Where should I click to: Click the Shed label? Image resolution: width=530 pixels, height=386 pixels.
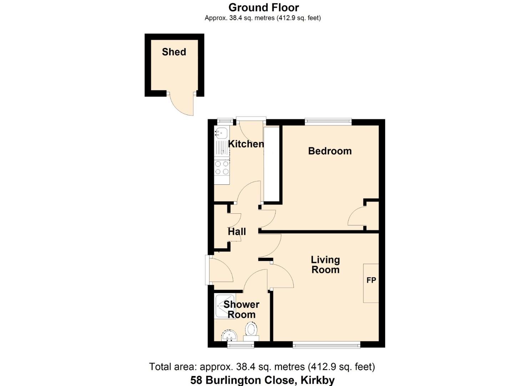click(174, 52)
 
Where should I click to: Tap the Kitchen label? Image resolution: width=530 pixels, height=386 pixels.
click(246, 144)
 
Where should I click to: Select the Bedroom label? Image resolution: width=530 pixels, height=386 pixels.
click(330, 151)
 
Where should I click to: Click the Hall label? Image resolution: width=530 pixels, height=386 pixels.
click(237, 232)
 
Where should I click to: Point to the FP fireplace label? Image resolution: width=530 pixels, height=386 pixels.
click(371, 280)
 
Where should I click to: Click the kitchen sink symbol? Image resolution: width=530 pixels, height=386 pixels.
click(221, 133)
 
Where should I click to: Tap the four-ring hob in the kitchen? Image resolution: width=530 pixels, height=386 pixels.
click(222, 168)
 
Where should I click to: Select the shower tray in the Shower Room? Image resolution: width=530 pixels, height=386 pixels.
click(225, 306)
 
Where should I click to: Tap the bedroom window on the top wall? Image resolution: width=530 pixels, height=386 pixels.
click(328, 122)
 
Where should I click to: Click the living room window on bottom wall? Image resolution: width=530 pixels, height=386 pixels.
click(326, 345)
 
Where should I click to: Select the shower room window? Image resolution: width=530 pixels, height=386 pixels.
click(241, 345)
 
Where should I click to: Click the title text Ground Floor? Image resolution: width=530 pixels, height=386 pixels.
click(263, 8)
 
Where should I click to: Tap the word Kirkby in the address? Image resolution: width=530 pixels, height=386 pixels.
click(317, 380)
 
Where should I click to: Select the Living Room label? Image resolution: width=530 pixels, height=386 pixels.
click(325, 265)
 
